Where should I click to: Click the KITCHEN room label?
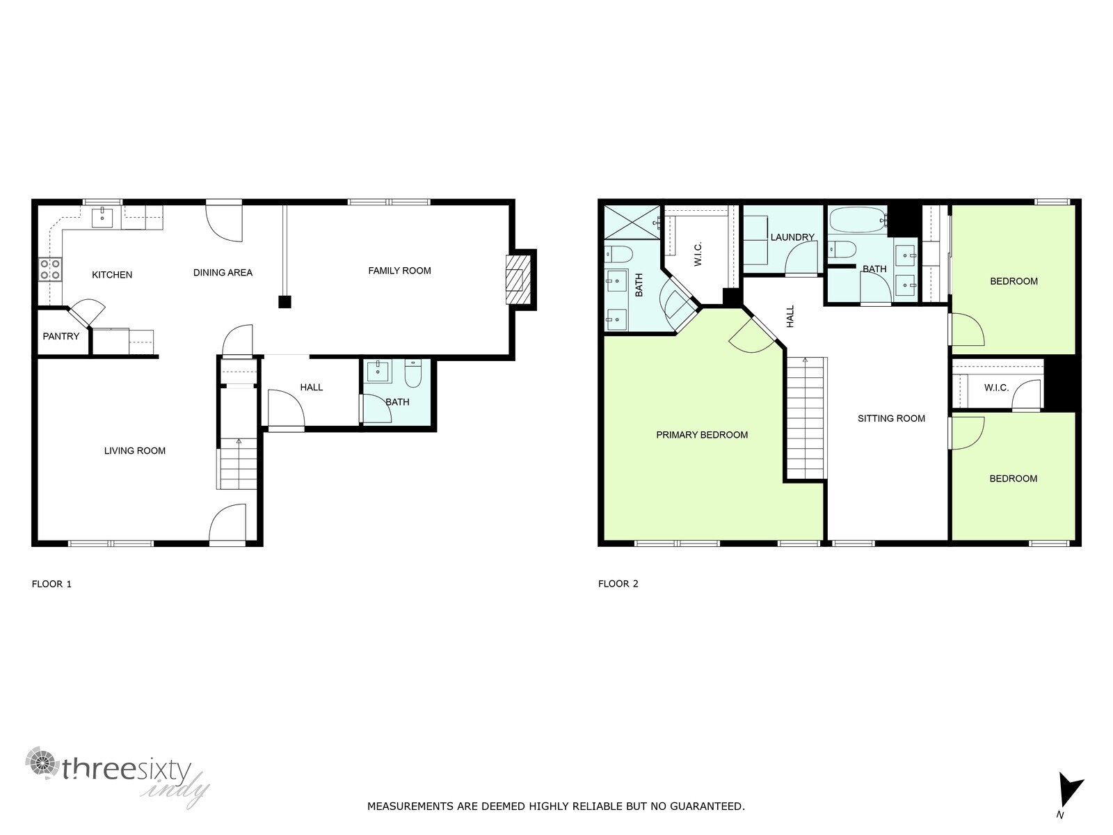(x=112, y=275)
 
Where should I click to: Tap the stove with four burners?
(x=50, y=269)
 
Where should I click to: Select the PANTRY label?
(x=61, y=336)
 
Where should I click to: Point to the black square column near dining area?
(x=284, y=302)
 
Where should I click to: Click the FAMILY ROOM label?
(x=399, y=271)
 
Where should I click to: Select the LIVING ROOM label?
(x=135, y=451)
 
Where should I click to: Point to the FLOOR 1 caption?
(x=51, y=584)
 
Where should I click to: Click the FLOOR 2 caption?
(x=618, y=584)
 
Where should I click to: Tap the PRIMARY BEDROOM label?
(x=702, y=435)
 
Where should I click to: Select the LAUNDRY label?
(x=792, y=237)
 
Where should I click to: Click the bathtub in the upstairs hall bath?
(x=858, y=222)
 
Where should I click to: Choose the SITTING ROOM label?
(x=891, y=418)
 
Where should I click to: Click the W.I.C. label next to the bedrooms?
(x=996, y=388)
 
